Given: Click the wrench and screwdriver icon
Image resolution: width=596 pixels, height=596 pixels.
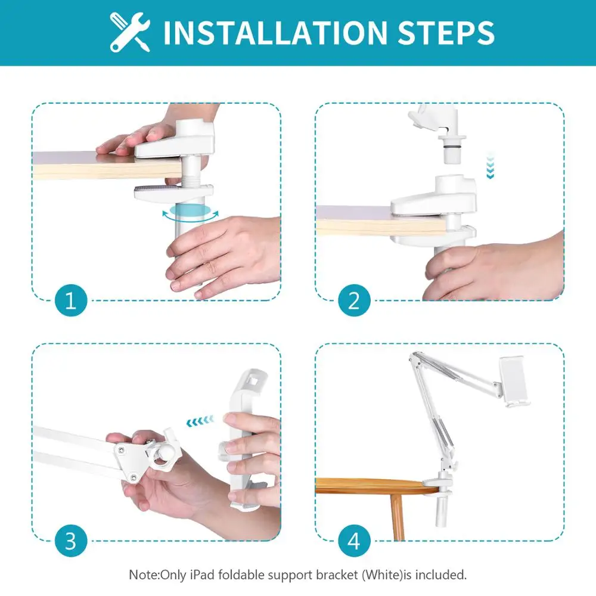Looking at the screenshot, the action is click(130, 32).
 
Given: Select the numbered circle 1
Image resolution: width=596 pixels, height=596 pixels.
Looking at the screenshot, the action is click(71, 300).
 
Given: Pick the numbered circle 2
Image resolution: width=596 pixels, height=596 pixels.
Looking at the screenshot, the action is click(354, 300).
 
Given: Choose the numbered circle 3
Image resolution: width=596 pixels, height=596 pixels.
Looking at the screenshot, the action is click(71, 541).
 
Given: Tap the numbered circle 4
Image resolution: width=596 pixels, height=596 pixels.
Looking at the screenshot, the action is click(354, 541).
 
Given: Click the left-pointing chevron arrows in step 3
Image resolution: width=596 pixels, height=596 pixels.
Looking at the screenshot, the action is click(200, 421).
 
